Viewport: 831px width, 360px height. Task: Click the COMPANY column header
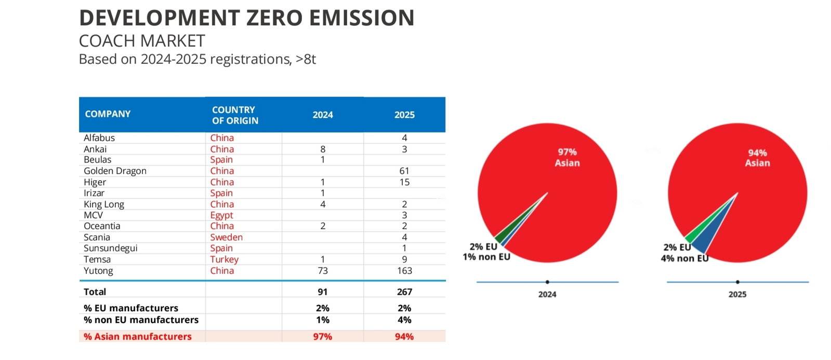[108, 114]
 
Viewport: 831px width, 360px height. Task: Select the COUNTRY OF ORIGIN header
[235, 115]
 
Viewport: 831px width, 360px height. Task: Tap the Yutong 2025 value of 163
[404, 271]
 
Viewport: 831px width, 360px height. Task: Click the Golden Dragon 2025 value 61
[404, 171]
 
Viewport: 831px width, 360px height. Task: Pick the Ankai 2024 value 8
[323, 149]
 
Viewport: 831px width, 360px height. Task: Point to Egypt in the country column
[221, 216]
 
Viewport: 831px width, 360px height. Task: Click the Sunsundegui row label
[111, 248]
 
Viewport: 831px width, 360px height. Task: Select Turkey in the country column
[225, 260]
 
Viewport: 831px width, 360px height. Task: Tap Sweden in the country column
[226, 237]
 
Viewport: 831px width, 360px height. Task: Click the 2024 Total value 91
[323, 292]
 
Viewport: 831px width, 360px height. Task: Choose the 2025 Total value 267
[404, 292]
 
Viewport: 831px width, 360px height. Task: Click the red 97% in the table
[322, 337]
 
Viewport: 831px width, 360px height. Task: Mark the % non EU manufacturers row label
[141, 320]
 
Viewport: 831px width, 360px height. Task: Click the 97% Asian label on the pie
[567, 157]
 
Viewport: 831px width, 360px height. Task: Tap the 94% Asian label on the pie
[758, 158]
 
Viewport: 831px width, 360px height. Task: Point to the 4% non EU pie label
[684, 258]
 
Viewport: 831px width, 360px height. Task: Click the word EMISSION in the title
[362, 18]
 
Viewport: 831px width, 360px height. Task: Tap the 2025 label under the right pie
[737, 295]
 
